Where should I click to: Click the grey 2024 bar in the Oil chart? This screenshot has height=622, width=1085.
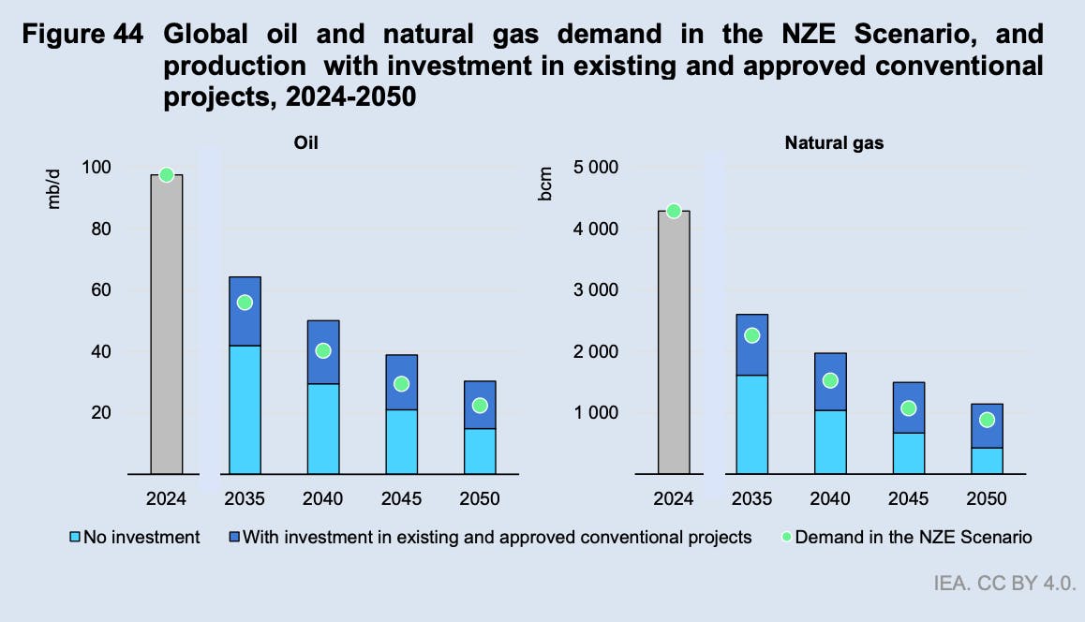point(166,324)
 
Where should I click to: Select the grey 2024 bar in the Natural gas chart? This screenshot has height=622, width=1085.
point(673,342)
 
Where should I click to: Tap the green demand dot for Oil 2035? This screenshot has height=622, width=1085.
point(245,303)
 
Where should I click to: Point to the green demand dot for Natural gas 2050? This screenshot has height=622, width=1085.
point(987,420)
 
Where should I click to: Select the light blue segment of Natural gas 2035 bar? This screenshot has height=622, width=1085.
point(751,424)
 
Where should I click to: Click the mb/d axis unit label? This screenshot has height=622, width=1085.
point(53,186)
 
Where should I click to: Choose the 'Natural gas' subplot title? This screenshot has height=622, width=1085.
point(834,143)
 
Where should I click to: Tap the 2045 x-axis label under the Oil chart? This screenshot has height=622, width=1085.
point(401,498)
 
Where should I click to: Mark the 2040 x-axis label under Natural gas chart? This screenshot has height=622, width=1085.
point(829,498)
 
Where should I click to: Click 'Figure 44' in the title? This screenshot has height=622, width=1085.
point(83,36)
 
